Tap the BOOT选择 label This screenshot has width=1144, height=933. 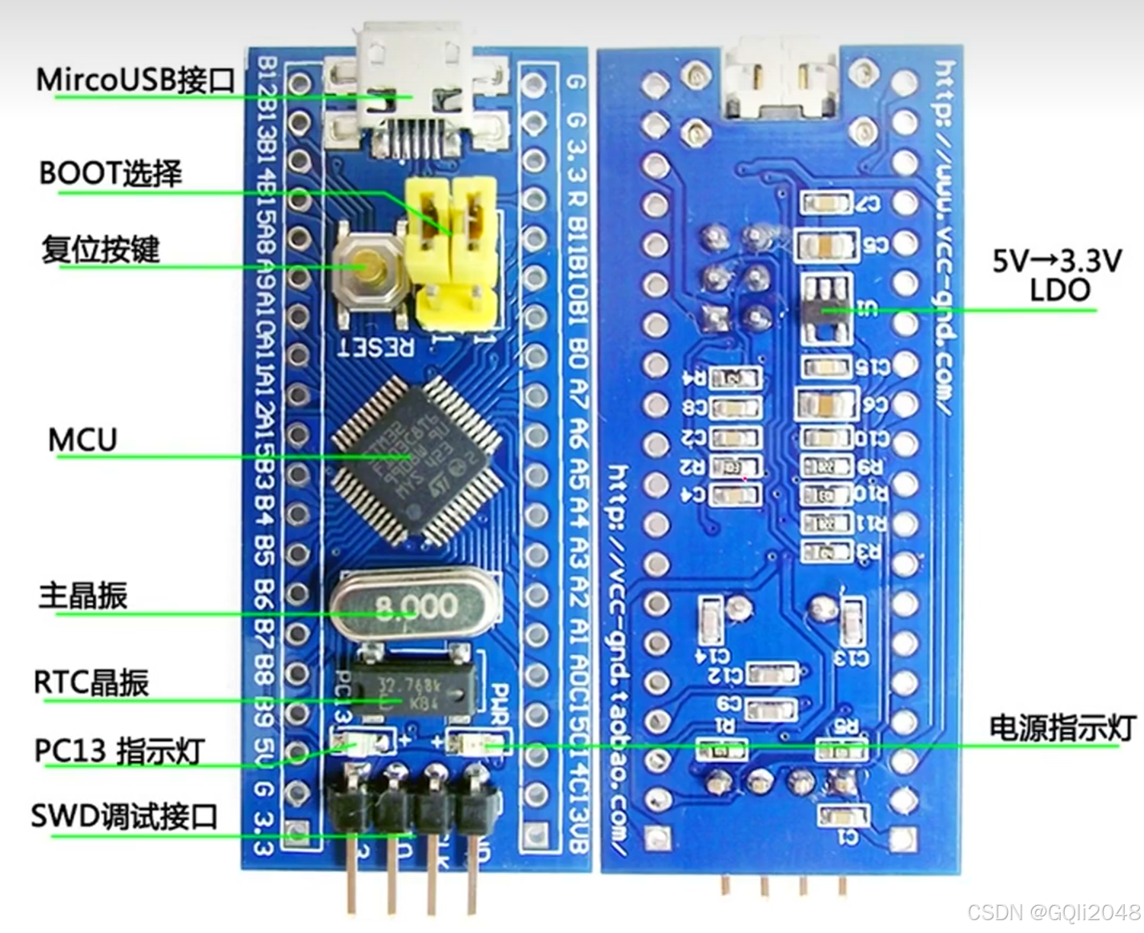click(110, 173)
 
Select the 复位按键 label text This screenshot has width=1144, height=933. click(101, 249)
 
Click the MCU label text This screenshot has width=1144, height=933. click(82, 440)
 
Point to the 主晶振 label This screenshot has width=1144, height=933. click(83, 596)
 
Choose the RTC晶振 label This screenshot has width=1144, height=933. click(91, 682)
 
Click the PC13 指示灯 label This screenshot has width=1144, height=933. click(119, 750)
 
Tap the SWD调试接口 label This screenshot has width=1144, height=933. click(124, 816)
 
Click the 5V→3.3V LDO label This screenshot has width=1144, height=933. click(1058, 275)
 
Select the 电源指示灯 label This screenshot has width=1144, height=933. click(1062, 727)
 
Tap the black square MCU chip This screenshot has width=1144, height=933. click(416, 459)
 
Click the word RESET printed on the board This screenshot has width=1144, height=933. click(376, 347)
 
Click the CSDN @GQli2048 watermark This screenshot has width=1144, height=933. click(1054, 911)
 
